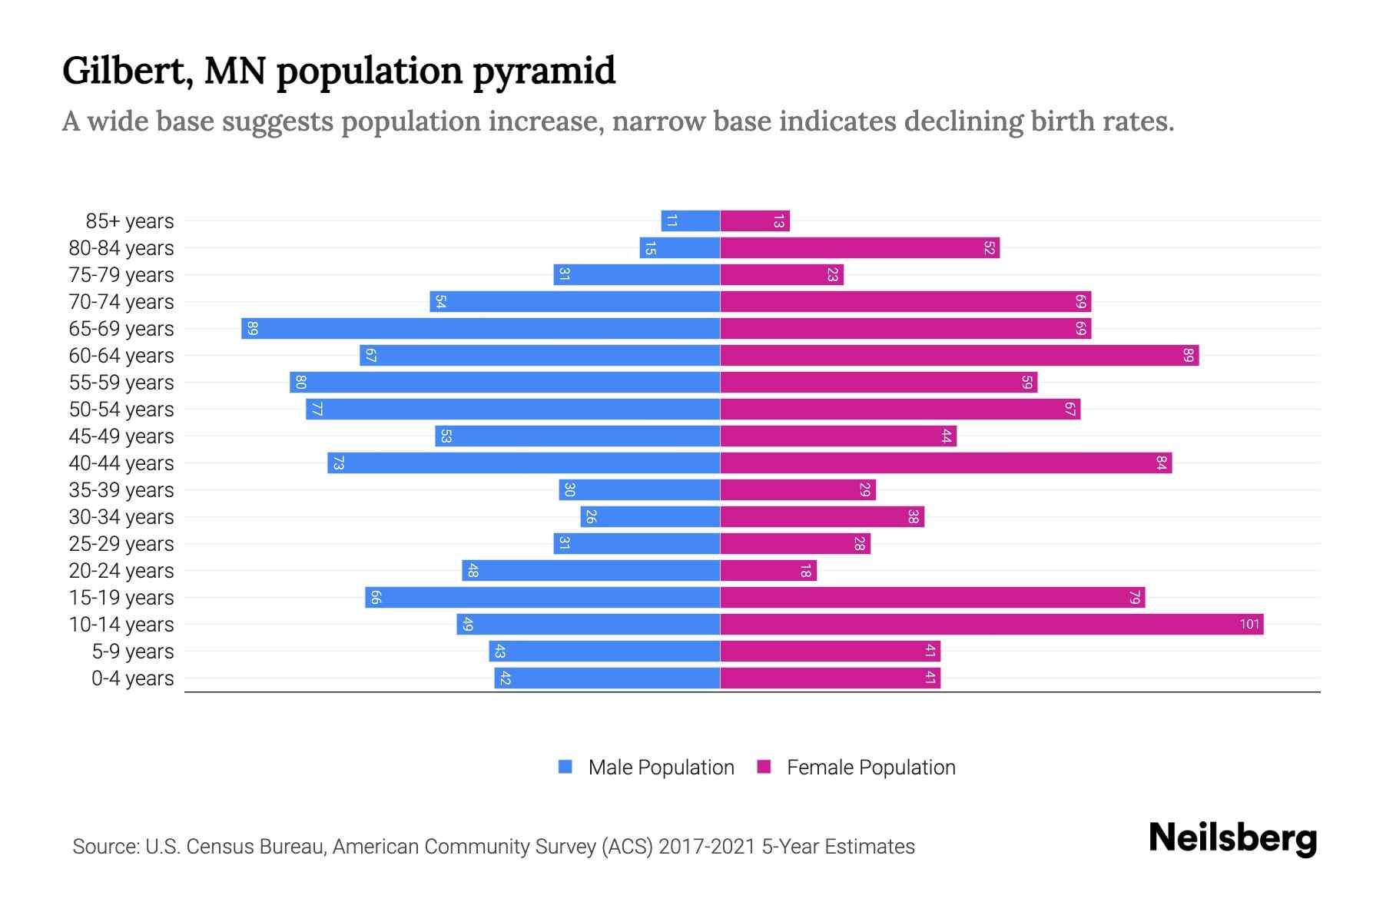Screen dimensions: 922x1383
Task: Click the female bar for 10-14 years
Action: click(x=991, y=624)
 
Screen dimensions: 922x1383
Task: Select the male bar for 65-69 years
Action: click(x=480, y=328)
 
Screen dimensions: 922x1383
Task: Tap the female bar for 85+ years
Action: click(x=755, y=221)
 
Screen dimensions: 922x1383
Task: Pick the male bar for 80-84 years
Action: click(x=679, y=248)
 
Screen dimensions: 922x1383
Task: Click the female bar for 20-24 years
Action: click(x=768, y=571)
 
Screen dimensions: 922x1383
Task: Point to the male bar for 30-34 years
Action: click(x=650, y=516)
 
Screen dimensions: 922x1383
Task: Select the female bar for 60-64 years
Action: click(x=959, y=355)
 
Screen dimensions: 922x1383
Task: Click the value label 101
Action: click(x=1249, y=624)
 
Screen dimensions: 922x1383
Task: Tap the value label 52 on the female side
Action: click(x=989, y=248)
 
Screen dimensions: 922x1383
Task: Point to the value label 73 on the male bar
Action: click(x=338, y=463)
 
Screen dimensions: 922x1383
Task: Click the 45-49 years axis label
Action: click(x=121, y=436)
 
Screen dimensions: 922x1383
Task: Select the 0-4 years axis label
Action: click(x=132, y=678)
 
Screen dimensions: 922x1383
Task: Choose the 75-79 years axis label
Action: click(x=121, y=275)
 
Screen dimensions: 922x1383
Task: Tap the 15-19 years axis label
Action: click(x=121, y=598)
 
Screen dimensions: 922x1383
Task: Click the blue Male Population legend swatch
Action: click(x=565, y=767)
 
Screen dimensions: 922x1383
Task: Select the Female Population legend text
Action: click(x=871, y=767)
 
